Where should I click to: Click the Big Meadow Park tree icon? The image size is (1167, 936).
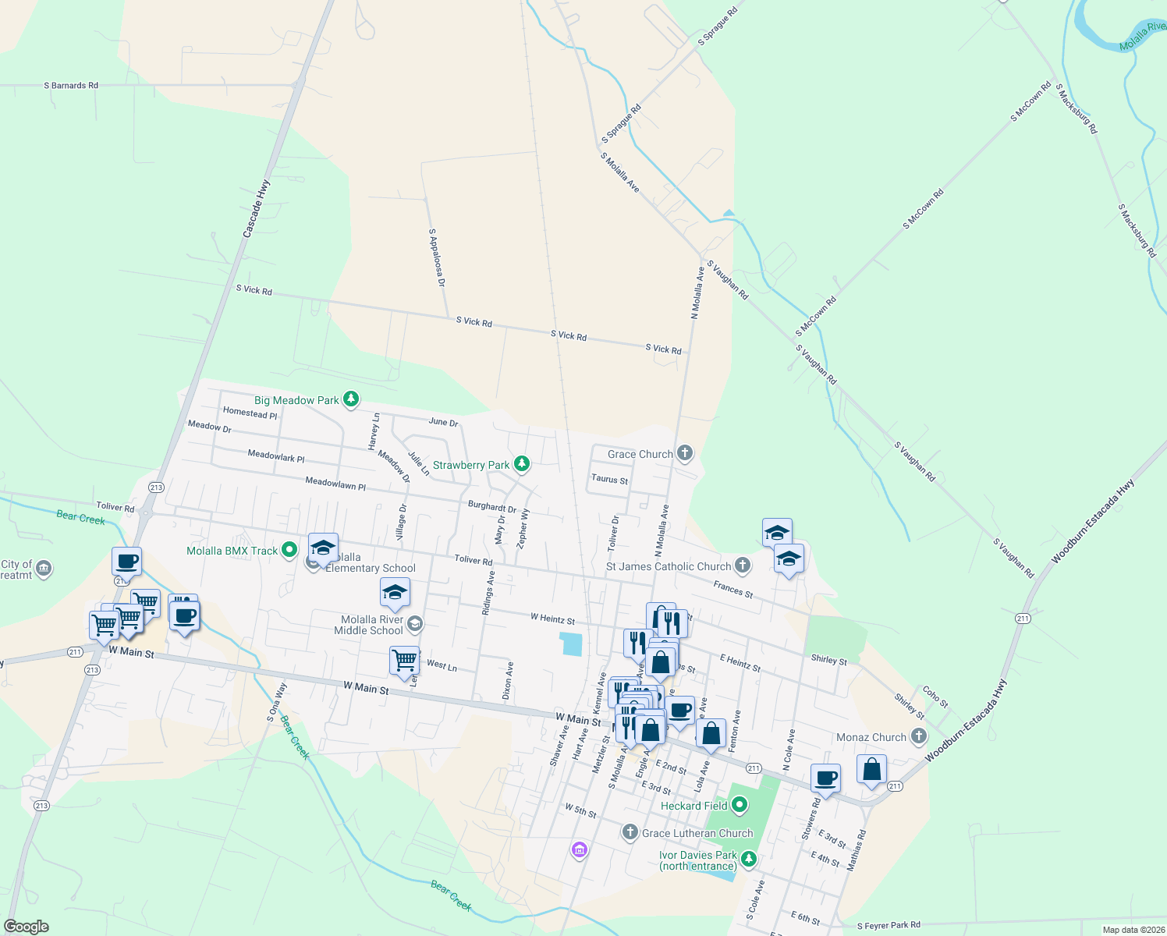click(x=351, y=400)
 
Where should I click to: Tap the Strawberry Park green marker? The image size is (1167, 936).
click(x=522, y=465)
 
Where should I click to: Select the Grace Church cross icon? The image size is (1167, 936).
click(x=684, y=453)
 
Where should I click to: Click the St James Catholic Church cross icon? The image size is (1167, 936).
click(x=743, y=566)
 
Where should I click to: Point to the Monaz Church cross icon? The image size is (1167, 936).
click(x=919, y=736)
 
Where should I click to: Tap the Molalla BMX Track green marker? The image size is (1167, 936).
click(x=289, y=550)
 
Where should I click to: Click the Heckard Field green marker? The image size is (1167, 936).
click(x=740, y=805)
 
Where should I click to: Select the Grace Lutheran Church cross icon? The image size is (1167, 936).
click(x=630, y=833)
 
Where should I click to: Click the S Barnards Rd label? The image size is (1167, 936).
click(x=71, y=86)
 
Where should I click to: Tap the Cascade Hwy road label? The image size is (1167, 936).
click(x=256, y=208)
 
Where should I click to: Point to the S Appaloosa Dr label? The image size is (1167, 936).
click(x=436, y=257)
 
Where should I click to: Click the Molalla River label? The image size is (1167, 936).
click(x=1142, y=37)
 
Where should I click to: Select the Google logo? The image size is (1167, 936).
click(x=26, y=927)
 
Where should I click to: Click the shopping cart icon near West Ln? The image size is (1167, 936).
click(x=404, y=660)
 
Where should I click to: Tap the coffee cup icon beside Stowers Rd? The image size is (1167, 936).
click(x=825, y=778)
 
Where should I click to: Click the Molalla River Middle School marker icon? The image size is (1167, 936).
click(x=415, y=623)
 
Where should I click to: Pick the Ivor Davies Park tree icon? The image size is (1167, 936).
click(x=749, y=860)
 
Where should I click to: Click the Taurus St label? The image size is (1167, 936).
click(x=609, y=479)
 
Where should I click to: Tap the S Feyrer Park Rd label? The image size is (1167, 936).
click(x=889, y=925)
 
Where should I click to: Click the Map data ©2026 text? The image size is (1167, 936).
click(x=1131, y=930)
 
